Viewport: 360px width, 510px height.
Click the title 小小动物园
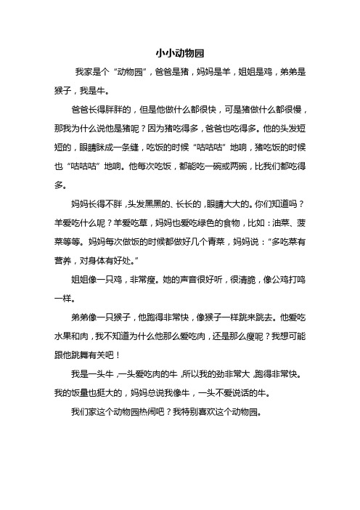point(180,54)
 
